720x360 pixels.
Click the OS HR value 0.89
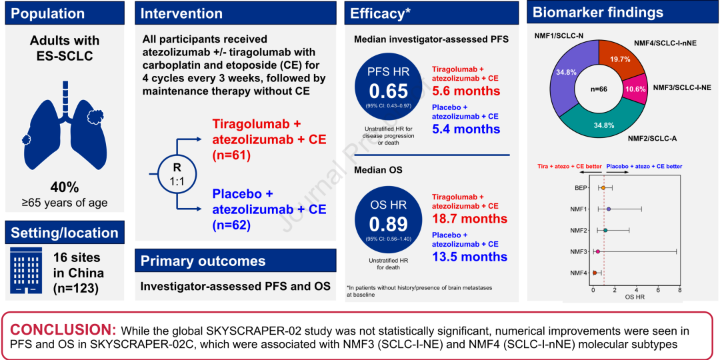(x=389, y=225)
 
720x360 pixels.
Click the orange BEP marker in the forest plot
(x=603, y=188)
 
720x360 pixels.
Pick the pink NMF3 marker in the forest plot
(x=598, y=251)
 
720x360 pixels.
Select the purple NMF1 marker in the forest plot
(x=609, y=209)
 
